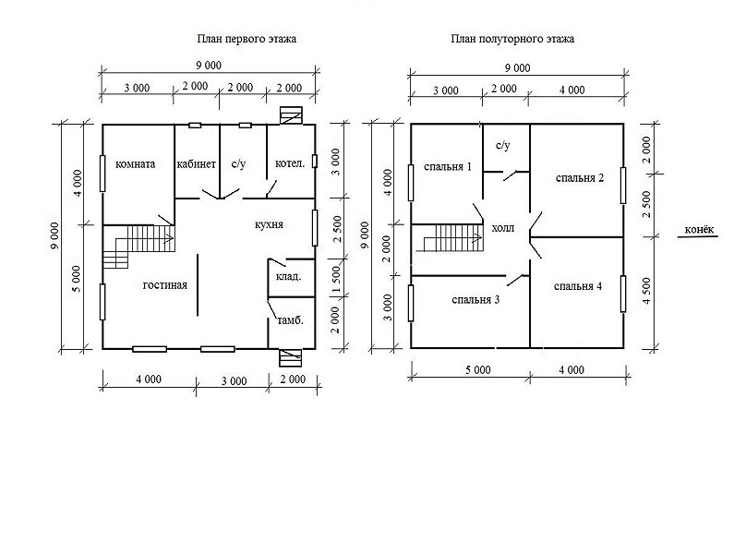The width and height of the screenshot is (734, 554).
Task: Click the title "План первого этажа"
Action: coord(247,39)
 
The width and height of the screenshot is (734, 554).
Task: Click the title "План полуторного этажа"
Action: coord(512,39)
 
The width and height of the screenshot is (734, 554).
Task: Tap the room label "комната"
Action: coord(136,164)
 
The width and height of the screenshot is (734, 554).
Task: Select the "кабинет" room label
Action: coord(197,164)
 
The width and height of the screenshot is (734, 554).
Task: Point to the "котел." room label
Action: coord(290,164)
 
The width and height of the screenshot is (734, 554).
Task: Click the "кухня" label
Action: coord(269,224)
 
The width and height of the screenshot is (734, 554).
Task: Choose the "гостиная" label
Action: coord(164,285)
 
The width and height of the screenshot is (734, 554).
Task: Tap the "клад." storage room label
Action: coord(288,277)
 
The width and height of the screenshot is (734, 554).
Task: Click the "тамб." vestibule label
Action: coord(291,320)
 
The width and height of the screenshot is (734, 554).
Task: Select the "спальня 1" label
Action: coord(448,167)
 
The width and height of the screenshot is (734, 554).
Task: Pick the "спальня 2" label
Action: coord(580,178)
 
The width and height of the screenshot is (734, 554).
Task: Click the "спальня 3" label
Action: coord(475,300)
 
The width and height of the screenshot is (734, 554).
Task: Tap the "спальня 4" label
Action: coord(578,286)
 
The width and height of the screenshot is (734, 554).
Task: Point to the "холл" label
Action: coord(503,229)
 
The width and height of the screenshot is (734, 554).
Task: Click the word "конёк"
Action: coord(699,230)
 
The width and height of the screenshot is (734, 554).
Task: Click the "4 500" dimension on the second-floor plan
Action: coord(647,291)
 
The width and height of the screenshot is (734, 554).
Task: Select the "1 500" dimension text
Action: coord(336,280)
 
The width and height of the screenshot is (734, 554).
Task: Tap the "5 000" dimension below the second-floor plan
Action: coord(478,370)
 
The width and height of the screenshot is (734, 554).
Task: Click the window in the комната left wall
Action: coord(102,174)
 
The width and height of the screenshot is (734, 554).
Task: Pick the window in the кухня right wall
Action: coord(315,228)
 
